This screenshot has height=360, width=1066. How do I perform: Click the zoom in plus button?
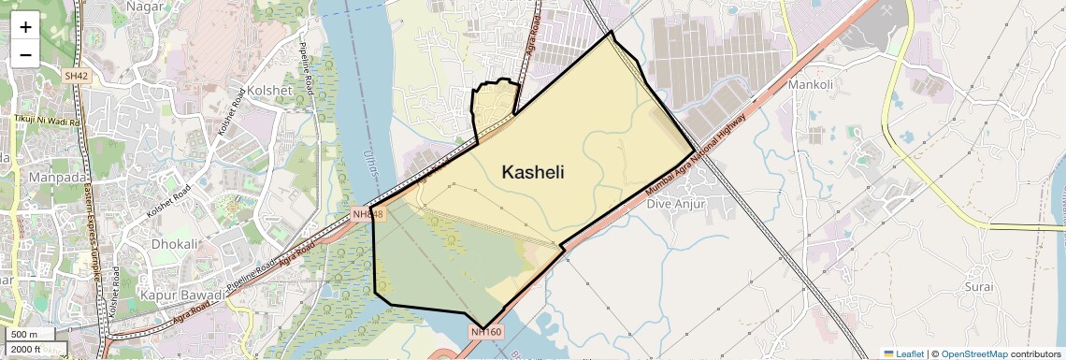[25, 27]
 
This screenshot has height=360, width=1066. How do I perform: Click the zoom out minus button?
[25, 53]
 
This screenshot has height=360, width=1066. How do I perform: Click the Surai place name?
[979, 286]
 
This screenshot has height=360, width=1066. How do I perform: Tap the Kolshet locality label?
[268, 90]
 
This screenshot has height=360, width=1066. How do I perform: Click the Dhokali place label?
[176, 244]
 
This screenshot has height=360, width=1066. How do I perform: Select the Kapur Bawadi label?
[180, 295]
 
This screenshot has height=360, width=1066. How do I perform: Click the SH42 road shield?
[76, 74]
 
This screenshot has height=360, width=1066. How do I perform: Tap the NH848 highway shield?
[368, 214]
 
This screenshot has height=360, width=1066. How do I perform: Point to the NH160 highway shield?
[486, 331]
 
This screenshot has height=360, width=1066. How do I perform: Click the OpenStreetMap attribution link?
[973, 353]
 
